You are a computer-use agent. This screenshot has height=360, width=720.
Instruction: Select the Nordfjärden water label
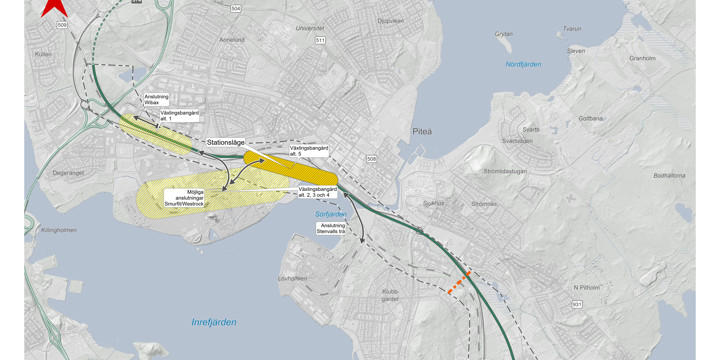522,64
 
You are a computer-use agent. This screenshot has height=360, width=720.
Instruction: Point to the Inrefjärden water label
214,322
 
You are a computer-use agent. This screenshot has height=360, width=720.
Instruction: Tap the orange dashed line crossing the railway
459,283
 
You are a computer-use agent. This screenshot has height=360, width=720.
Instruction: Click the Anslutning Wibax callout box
156,99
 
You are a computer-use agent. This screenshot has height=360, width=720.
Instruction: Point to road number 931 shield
577,303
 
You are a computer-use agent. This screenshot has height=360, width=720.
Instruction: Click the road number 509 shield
62,23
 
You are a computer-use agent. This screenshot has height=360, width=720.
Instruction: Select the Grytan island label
503,33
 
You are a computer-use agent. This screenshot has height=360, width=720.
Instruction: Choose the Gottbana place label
590,118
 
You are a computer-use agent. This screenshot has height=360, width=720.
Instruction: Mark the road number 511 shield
320,41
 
